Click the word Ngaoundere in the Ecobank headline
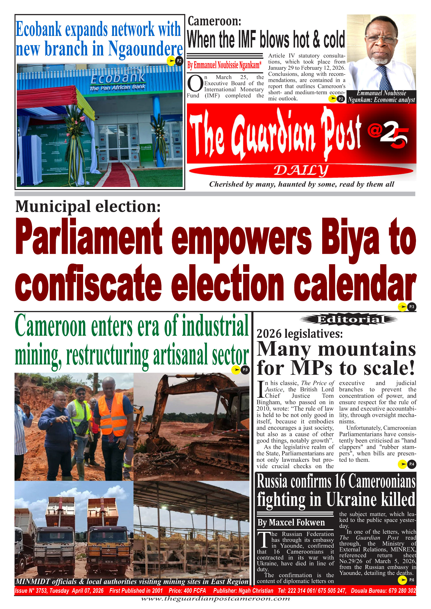point(145,49)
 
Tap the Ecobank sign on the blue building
point(118,79)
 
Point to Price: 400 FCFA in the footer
point(187,590)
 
